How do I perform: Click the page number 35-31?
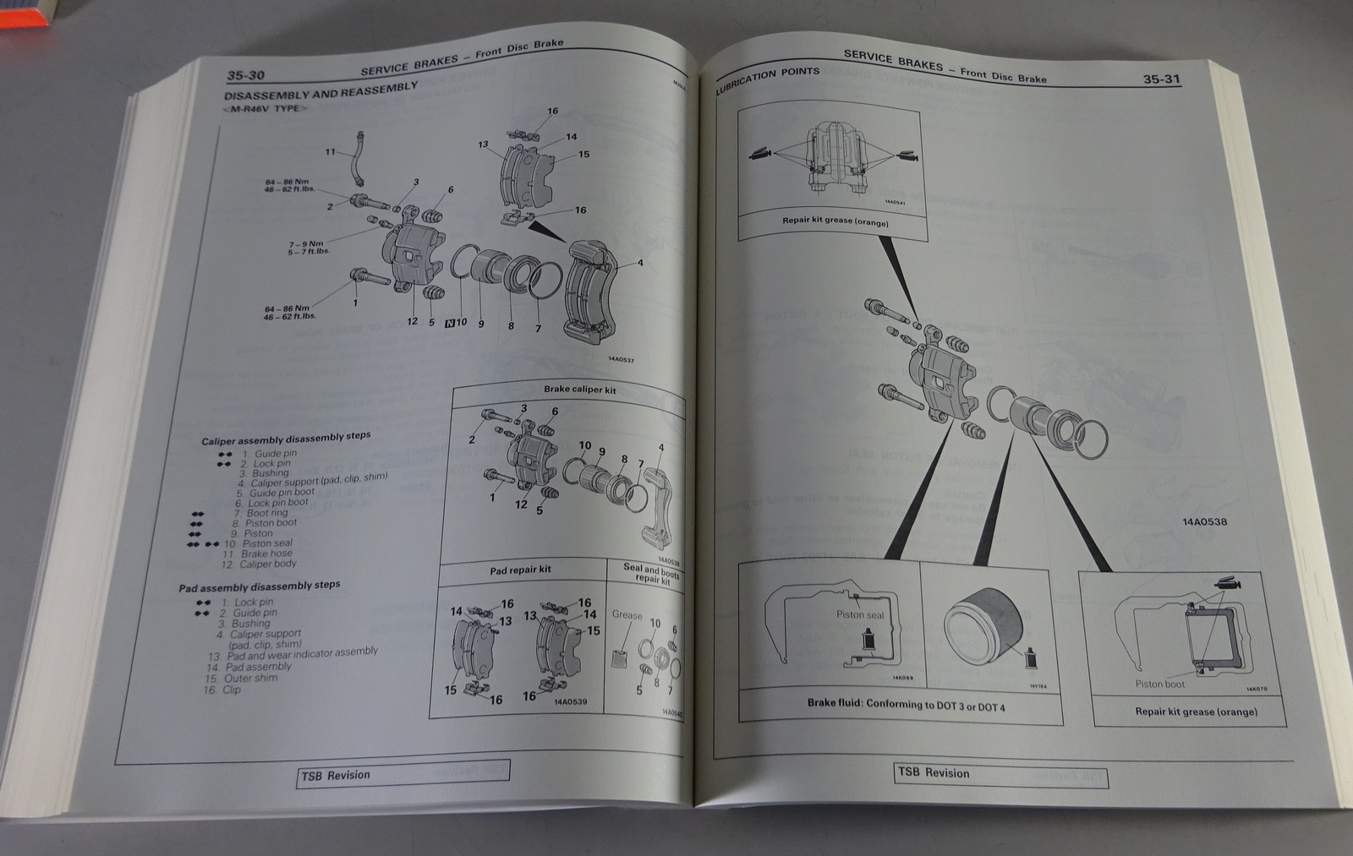(x=1161, y=79)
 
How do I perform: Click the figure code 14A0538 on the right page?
(x=1204, y=521)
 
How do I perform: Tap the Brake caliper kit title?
(x=579, y=390)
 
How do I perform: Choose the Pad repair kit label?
(x=520, y=570)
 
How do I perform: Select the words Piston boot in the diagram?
(x=1159, y=684)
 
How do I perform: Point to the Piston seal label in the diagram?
(x=859, y=615)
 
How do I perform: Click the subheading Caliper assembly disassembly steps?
(x=285, y=439)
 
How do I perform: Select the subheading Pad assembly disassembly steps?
(x=259, y=586)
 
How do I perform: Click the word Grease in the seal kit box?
(x=627, y=614)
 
